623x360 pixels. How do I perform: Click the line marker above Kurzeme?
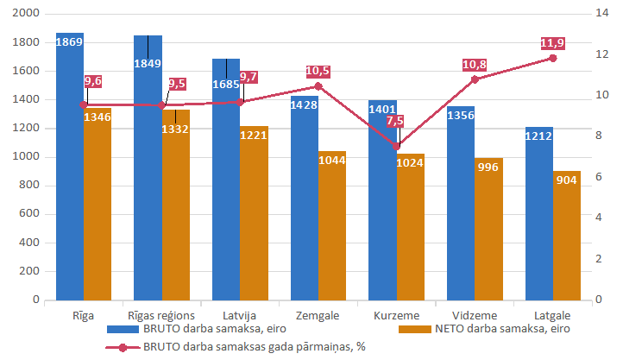tap(396, 146)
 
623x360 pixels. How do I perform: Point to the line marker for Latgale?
tap(553, 58)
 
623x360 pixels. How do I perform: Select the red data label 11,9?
tap(552, 43)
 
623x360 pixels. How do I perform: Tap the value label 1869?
tap(69, 41)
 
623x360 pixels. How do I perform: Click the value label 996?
tap(488, 167)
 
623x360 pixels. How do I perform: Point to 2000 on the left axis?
tap(27, 14)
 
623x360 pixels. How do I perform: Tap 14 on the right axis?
tap(602, 14)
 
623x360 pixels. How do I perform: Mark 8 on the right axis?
tap(599, 136)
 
